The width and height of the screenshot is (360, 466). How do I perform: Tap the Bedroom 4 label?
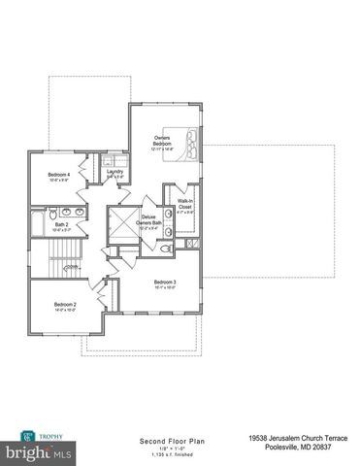[x=58, y=175]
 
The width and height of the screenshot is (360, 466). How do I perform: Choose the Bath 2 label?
[x=61, y=225]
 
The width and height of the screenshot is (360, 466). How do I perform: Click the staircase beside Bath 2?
[x=65, y=257]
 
